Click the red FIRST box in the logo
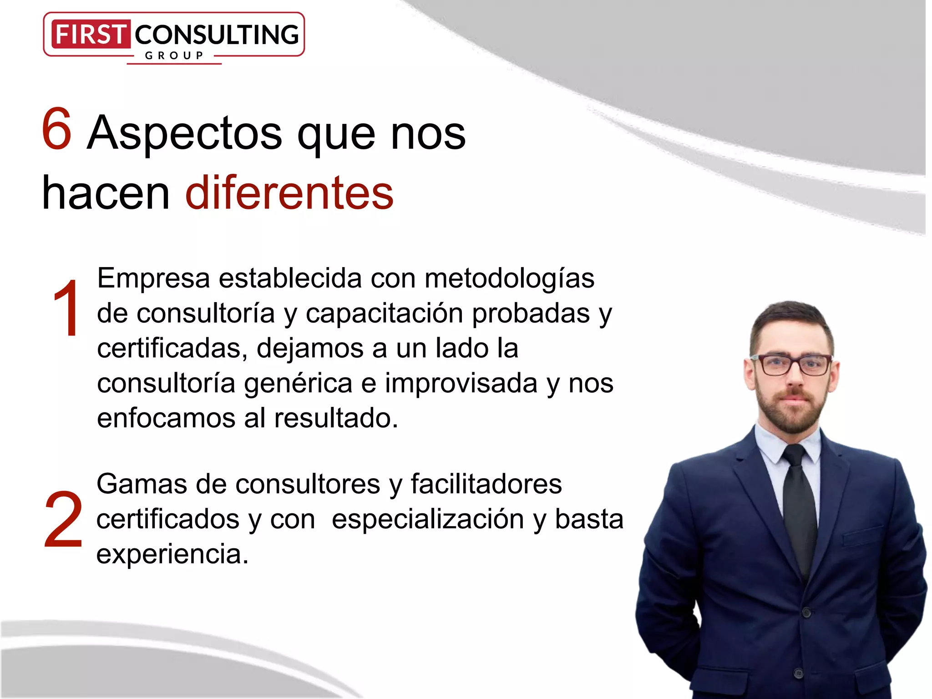90,34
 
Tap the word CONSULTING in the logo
217,35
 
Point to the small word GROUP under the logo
174,56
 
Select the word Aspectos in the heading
185,134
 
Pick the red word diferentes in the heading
289,193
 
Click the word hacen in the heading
106,194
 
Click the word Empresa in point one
153,278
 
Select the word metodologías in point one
509,279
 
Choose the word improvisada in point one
461,383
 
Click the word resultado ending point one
336,418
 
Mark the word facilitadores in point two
486,484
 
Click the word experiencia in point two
172,555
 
